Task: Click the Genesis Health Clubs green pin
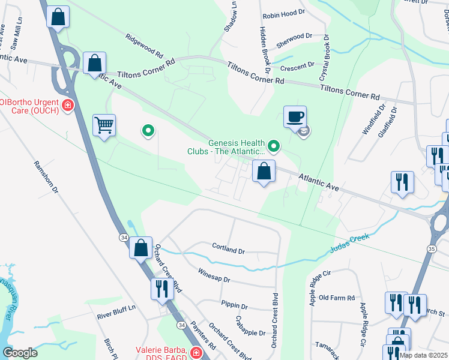(x=274, y=145)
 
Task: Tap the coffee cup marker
(x=295, y=116)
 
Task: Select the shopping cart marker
(x=104, y=125)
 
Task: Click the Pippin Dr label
(x=234, y=305)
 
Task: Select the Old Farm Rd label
(x=337, y=298)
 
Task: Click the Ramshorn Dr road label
(x=45, y=178)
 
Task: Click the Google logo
(x=20, y=352)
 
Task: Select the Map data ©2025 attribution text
(x=423, y=355)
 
